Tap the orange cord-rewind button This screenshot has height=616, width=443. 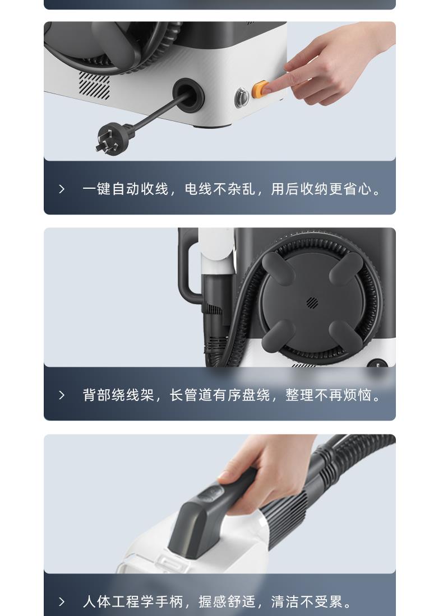coord(260,89)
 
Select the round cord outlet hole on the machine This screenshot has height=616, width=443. coord(188,94)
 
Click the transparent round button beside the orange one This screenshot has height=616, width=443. coord(242,97)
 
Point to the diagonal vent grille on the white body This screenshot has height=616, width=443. coord(94,85)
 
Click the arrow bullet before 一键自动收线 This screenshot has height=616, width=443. coord(62,189)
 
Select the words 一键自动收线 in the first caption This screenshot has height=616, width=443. coord(125,189)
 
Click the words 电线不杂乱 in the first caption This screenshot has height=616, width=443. coord(219,189)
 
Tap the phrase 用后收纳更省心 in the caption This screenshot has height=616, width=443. coord(321,189)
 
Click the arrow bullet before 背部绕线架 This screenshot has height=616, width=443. coord(62,395)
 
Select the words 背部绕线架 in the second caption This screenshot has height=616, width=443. coord(118,395)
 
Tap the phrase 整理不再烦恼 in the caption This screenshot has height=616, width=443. coord(328,395)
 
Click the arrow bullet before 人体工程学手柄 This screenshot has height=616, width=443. coord(62,601)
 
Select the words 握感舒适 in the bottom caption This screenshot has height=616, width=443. coord(227,601)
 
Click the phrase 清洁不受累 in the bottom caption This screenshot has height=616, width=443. coord(307,601)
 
